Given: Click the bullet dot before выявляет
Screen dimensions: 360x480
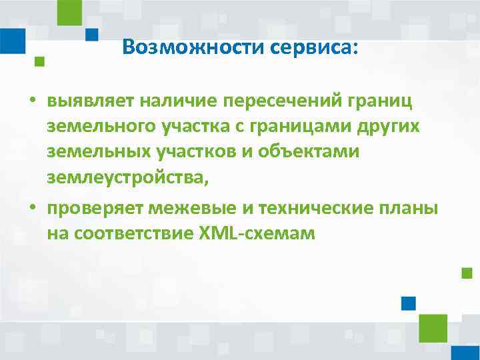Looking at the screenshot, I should coord(31,102).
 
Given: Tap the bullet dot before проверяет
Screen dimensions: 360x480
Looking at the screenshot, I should coord(31,209).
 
